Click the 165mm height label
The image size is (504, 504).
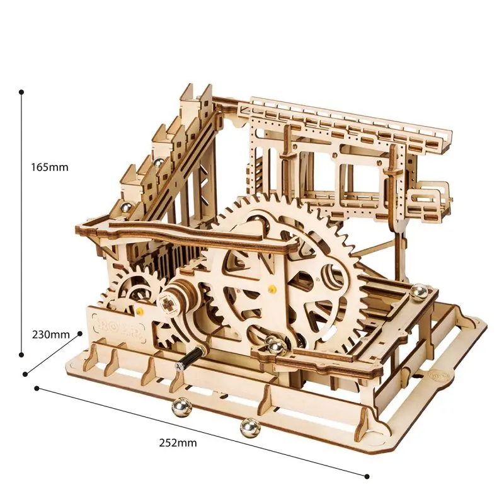50,168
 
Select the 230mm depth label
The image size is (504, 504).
50,335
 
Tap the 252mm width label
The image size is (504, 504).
178,442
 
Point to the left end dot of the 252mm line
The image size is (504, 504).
37,388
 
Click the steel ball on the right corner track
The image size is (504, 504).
416,291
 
